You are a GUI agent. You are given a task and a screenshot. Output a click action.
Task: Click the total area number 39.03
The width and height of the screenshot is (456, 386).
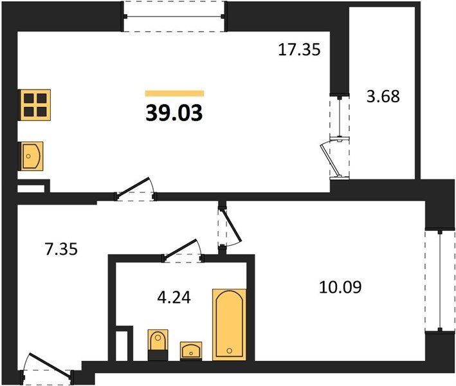[174, 113]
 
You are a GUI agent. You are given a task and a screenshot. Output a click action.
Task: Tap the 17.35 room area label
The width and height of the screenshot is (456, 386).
[299, 50]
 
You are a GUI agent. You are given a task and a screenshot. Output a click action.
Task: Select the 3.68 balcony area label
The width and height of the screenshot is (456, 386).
[383, 96]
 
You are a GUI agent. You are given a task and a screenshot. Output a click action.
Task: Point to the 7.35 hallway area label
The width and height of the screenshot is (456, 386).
[61, 249]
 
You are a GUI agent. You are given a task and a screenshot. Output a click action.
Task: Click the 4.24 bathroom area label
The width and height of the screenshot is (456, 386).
[174, 297]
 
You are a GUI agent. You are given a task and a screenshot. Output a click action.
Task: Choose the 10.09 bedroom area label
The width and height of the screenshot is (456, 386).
[340, 287]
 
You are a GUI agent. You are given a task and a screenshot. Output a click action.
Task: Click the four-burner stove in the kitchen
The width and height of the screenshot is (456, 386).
[35, 105]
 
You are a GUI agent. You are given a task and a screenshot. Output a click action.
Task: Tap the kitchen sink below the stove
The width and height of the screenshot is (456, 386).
[32, 156]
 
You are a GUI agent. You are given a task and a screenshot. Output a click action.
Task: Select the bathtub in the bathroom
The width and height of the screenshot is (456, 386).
[229, 325]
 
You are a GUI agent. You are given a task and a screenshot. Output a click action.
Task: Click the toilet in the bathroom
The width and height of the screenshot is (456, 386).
[158, 345]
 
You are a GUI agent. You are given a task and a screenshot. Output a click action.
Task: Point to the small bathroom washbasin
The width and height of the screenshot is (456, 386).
[191, 351]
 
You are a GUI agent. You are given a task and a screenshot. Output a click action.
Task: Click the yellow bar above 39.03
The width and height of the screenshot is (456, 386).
[174, 93]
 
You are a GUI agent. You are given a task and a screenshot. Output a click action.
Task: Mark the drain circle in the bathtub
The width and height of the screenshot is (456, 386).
[230, 351]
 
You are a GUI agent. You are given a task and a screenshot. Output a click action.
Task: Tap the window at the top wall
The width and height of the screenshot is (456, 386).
[174, 16]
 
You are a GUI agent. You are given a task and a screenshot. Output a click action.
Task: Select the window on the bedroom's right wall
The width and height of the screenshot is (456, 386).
[440, 280]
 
